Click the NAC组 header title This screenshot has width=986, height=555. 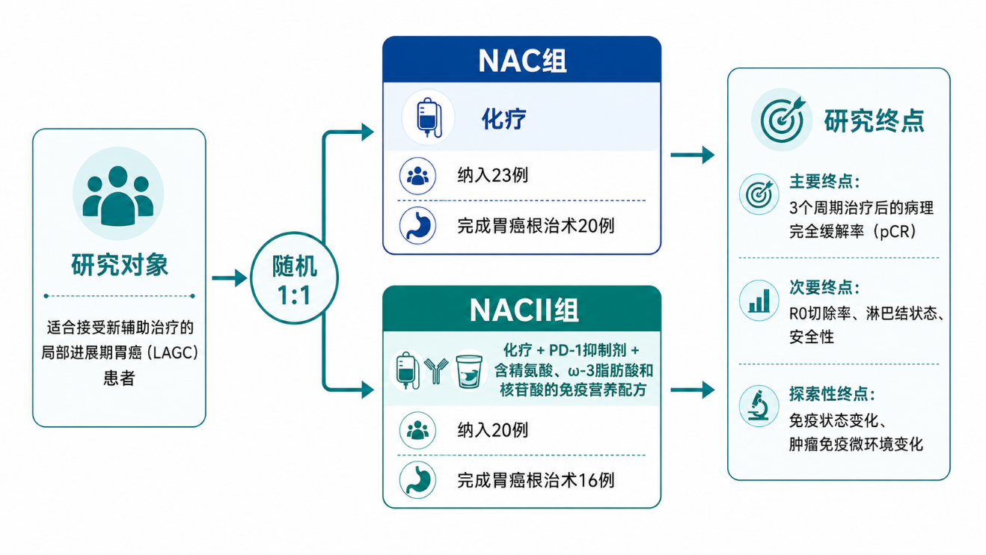(522, 61)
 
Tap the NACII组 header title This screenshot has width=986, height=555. (524, 310)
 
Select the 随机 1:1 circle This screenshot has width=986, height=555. (294, 278)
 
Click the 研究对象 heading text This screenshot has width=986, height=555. (119, 265)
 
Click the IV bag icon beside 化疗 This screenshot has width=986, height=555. (428, 117)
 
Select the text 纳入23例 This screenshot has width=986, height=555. (492, 175)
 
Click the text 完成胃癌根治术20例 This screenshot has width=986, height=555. (535, 226)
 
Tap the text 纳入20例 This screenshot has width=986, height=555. (492, 430)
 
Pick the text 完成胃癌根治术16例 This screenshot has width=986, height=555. (535, 480)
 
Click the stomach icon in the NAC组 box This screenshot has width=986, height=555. (417, 225)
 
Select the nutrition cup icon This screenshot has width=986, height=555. (469, 372)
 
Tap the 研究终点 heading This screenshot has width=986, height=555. (875, 120)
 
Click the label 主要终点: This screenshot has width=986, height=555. (824, 182)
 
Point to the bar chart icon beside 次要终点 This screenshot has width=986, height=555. (759, 301)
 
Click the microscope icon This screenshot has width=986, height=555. (758, 406)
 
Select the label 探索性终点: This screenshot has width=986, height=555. (831, 394)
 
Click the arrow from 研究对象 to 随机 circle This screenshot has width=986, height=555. (230, 278)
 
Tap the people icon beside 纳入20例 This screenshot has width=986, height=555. (417, 430)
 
